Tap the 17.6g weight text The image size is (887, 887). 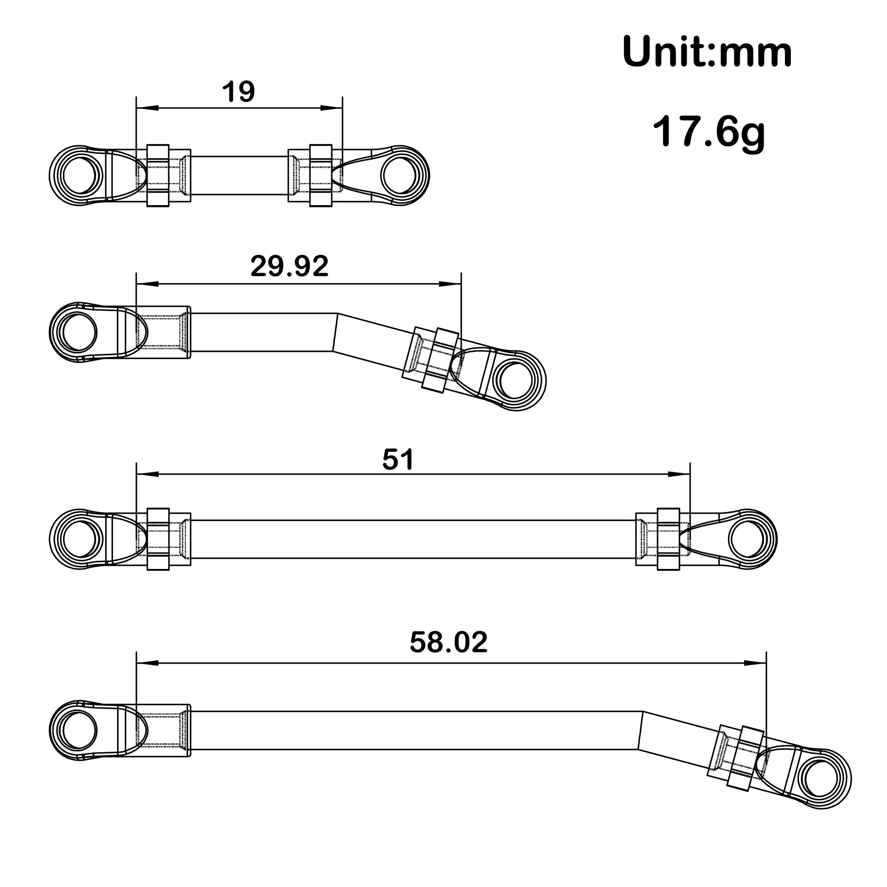tap(708, 132)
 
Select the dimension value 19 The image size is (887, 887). tap(238, 92)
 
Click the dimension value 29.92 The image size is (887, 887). tap(289, 266)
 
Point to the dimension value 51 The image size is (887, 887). tap(397, 459)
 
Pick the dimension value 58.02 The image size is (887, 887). tap(448, 642)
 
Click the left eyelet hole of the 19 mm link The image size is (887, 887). tap(80, 176)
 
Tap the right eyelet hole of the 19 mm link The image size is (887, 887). tap(398, 176)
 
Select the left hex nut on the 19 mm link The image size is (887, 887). tap(158, 175)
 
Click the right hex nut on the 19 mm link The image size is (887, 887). tap(320, 175)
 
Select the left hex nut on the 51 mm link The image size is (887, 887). tap(158, 540)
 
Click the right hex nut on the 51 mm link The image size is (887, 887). tap(668, 540)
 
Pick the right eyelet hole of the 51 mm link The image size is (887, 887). tap(746, 540)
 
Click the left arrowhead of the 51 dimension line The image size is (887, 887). tap(147, 474)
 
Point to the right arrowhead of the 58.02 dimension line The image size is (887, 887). tap(756, 663)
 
